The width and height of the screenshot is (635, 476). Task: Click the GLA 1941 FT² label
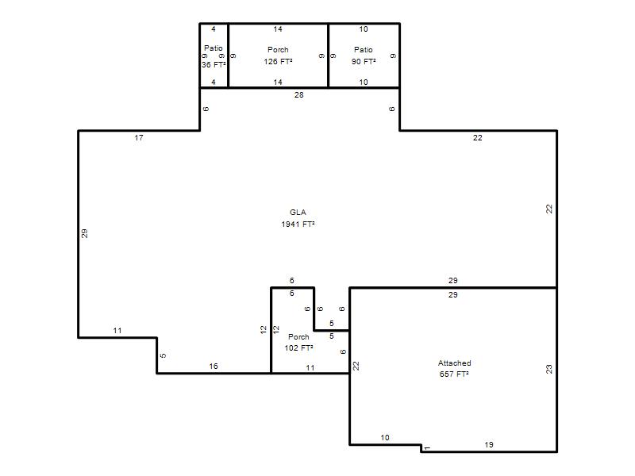pos(298,218)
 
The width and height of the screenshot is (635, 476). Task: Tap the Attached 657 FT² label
pos(454,368)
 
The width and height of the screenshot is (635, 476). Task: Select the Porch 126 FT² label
pos(279,56)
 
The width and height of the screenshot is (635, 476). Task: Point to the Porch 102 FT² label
pos(299,342)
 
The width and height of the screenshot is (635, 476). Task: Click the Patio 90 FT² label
pos(364,56)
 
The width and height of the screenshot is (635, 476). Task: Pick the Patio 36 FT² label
pos(214,56)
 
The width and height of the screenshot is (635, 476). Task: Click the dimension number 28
pos(299,94)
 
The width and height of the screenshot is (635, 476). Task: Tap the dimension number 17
pos(139,137)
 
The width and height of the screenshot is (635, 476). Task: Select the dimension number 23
pos(548,369)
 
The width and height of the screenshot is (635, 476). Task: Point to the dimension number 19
pos(489,444)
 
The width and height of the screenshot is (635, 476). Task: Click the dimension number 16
pos(214,366)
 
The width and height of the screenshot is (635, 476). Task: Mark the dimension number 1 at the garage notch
pos(428,448)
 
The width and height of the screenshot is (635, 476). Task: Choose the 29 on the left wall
pos(84,233)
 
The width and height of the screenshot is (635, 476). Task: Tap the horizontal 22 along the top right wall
pos(478,137)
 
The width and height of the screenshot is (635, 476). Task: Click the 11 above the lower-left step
pos(117,330)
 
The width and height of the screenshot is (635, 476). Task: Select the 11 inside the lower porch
pos(310,367)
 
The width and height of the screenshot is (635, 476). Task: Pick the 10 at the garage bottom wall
pos(385,438)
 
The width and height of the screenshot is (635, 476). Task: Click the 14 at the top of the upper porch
pos(278,29)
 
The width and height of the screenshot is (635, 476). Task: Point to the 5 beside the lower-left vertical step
pos(163,355)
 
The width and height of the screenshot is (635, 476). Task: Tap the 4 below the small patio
pos(214,83)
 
